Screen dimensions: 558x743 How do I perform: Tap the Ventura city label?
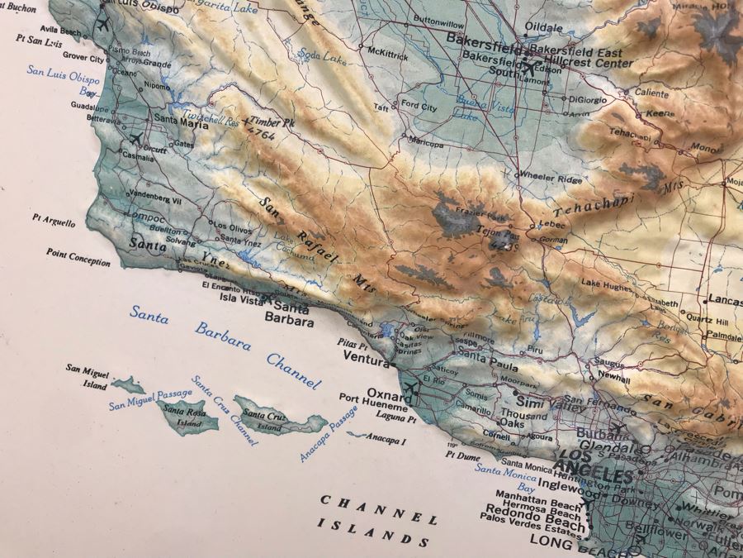366,362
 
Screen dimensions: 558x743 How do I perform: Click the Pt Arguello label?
54,222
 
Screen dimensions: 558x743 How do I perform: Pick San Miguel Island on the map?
129,384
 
